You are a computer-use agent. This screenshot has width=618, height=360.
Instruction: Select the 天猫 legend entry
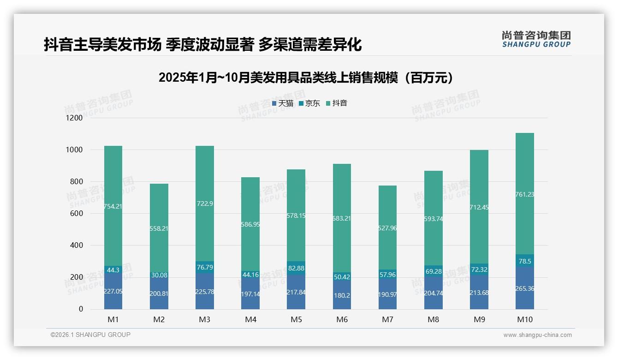(282, 103)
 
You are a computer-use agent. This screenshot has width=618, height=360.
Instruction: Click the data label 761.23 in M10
(524, 194)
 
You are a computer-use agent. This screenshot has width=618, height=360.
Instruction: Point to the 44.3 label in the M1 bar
(113, 270)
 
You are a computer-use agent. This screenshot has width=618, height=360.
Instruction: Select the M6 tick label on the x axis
(342, 319)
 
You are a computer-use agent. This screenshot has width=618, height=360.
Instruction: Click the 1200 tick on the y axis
(74, 118)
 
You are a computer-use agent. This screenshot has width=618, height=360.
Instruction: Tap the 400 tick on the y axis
(76, 245)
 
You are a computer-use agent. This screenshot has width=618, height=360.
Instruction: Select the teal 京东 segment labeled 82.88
(296, 268)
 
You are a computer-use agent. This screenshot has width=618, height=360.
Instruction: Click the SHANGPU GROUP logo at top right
(536, 39)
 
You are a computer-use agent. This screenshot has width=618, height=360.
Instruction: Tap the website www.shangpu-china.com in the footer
(537, 335)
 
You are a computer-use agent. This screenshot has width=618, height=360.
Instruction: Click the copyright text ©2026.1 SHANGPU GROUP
(90, 335)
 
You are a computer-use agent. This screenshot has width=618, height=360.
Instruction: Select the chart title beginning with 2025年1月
(309, 78)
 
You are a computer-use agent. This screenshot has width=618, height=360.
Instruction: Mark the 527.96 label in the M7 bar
(387, 228)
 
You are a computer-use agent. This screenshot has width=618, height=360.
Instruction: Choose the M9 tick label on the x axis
(479, 319)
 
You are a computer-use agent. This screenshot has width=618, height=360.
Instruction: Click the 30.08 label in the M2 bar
(159, 275)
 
